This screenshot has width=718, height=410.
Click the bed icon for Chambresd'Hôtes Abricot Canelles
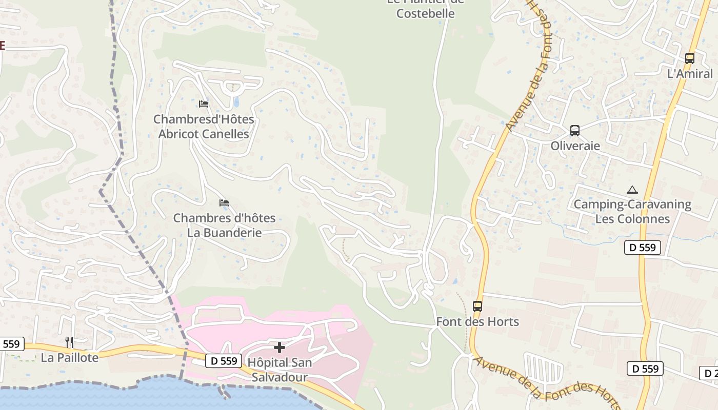coord(204,104)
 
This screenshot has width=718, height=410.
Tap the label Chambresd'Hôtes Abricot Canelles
coord(204,127)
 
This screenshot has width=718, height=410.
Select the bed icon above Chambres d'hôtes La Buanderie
coord(224,203)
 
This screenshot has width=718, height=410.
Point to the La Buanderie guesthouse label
coord(224,225)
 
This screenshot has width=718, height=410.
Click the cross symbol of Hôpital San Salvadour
coord(280,348)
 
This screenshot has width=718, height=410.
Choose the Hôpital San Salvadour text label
coord(280,370)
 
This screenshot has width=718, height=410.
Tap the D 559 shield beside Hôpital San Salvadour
coord(224,361)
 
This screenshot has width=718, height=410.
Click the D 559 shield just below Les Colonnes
coord(643,248)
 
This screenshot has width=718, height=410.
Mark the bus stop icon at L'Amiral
coord(690,58)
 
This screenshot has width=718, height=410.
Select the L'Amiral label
coord(690,74)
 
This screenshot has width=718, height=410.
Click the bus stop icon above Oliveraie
coord(575,131)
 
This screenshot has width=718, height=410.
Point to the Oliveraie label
coord(575,146)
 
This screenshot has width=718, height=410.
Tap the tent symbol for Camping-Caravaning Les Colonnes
coord(632,190)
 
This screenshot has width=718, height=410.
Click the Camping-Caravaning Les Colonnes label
coord(632,212)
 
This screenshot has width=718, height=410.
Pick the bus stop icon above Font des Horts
coord(477,306)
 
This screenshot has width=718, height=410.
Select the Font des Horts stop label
coord(477,322)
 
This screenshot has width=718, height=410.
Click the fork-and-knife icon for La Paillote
coord(69,342)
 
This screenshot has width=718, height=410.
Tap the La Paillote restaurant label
coord(69,358)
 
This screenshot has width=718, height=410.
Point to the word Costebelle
coord(426,13)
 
